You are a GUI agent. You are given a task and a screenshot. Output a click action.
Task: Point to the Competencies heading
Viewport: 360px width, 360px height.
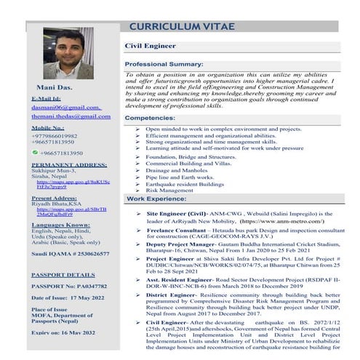click(151, 117)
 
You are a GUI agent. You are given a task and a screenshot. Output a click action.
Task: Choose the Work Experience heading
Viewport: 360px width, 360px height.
click(156, 198)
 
